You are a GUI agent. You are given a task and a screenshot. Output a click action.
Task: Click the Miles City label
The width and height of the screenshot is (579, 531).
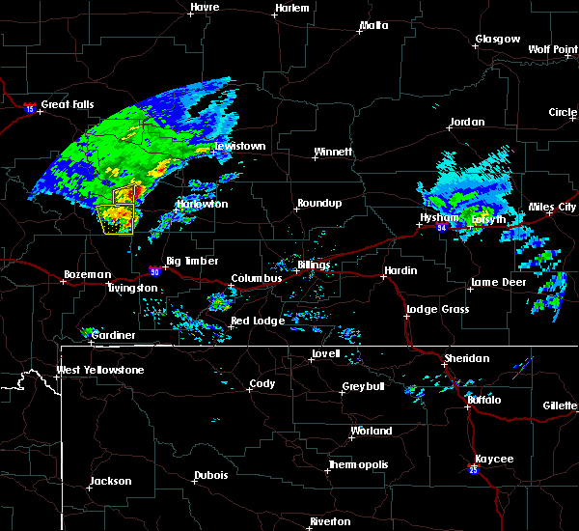click(553, 208)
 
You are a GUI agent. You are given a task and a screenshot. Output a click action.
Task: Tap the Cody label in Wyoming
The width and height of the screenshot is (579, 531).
click(262, 383)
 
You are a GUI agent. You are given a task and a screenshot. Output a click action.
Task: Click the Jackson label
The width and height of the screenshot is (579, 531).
click(111, 481)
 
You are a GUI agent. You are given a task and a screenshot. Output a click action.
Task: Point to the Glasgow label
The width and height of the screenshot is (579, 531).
click(497, 40)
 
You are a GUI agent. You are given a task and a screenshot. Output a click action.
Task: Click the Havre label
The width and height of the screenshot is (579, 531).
click(205, 7)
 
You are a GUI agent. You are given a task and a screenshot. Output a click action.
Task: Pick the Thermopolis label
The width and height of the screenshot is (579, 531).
click(358, 464)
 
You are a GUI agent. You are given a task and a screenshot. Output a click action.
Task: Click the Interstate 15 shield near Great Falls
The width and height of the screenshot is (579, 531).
click(30, 108)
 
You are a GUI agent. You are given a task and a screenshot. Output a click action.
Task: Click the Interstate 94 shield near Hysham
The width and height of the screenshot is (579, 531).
click(440, 229)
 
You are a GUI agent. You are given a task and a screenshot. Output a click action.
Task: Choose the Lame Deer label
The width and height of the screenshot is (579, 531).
click(496, 283)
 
